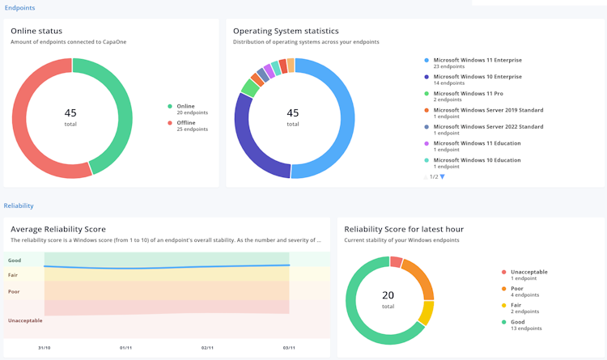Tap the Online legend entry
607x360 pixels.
tap(188, 109)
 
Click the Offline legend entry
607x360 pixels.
tap(188, 126)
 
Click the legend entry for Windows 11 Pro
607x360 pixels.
tap(464, 96)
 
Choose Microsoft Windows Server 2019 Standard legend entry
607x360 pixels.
tap(484, 113)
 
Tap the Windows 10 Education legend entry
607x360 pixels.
tap(473, 163)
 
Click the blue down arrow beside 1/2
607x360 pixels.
tap(443, 177)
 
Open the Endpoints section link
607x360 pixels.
tap(19, 8)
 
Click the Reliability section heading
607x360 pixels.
tap(19, 205)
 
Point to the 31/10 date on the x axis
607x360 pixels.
tap(45, 348)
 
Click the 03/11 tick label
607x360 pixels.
tap(289, 348)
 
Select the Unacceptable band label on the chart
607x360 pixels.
tap(25, 320)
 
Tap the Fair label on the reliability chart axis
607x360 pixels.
tap(13, 275)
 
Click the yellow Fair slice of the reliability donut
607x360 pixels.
tap(427, 312)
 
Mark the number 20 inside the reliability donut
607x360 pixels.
tap(388, 295)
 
